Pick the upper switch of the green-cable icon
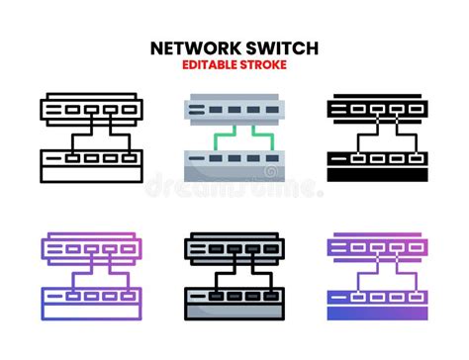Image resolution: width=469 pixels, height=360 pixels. [x=234, y=108]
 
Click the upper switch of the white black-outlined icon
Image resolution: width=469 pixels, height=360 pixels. [x=89, y=108]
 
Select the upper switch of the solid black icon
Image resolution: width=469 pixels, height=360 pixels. [x=378, y=108]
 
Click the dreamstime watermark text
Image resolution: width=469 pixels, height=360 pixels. [x=234, y=185]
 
